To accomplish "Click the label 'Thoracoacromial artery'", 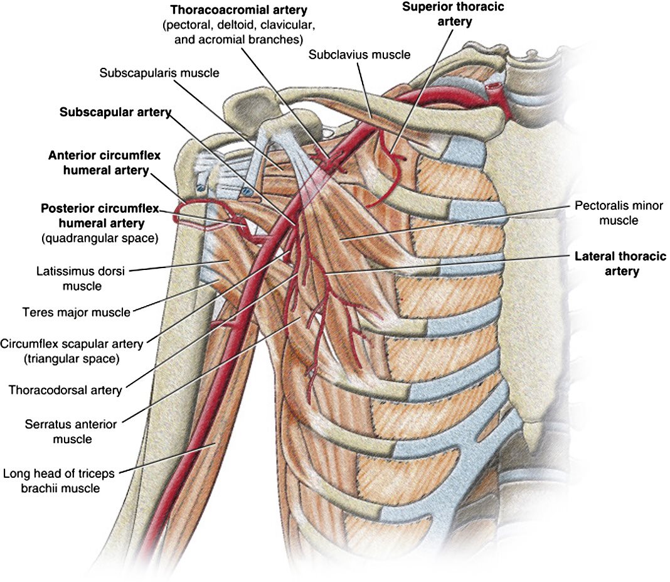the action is (x=239, y=10).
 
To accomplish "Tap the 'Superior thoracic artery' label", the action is (x=454, y=14).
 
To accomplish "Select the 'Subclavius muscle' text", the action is (x=359, y=55).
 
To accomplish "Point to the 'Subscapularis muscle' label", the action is (x=159, y=73).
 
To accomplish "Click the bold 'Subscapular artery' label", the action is (x=115, y=112).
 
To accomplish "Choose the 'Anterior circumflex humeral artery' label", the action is (x=105, y=163).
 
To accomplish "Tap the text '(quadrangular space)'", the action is (x=100, y=238).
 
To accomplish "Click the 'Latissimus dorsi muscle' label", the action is (x=81, y=278).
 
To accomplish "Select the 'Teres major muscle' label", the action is (x=77, y=313).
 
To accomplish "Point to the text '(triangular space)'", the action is (x=72, y=358).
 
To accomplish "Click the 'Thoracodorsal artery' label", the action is (x=65, y=390).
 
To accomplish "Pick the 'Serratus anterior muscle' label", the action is (x=71, y=431).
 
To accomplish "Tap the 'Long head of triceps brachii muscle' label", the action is (x=59, y=481).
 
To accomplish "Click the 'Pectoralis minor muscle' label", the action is (x=619, y=213).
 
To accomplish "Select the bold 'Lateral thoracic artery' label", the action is (x=620, y=264).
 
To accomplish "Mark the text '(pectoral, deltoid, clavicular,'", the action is (x=239, y=25).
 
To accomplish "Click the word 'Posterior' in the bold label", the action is (x=69, y=208).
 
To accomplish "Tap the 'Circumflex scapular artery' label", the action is (x=72, y=344).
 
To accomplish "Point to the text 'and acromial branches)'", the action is (x=239, y=40).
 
